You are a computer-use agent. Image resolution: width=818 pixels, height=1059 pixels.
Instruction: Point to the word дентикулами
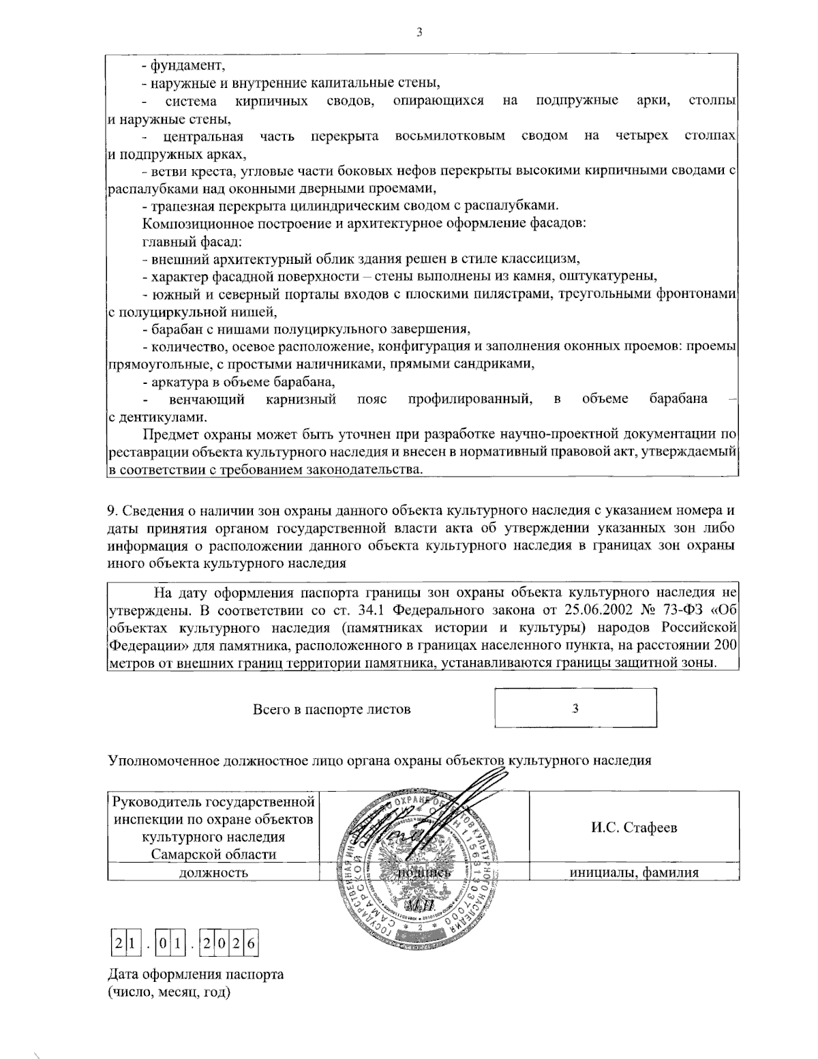click(160, 416)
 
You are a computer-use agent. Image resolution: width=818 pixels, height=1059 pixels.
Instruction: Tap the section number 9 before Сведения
click(112, 510)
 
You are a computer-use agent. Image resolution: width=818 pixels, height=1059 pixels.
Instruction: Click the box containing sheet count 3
click(576, 708)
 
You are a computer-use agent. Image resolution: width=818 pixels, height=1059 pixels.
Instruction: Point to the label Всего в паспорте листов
click(331, 709)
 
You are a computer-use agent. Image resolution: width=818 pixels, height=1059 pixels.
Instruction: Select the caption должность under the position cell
click(213, 872)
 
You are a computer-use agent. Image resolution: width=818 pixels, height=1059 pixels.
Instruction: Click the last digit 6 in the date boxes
click(250, 945)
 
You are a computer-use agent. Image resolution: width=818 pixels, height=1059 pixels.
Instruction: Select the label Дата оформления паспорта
click(196, 974)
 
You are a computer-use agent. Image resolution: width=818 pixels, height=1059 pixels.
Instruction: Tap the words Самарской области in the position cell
click(213, 854)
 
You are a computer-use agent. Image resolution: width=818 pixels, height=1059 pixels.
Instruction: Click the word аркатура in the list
click(177, 381)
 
